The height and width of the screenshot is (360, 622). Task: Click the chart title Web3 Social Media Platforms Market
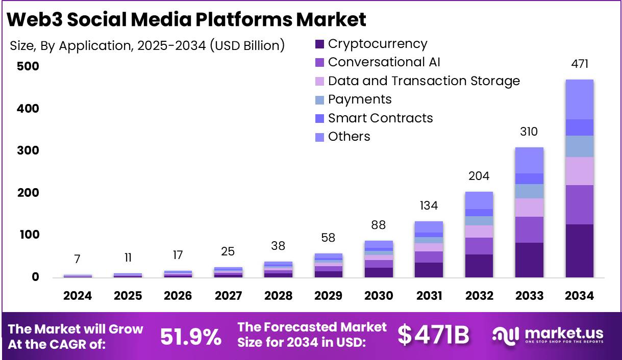tap(187, 19)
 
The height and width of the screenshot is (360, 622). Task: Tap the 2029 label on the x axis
tap(328, 296)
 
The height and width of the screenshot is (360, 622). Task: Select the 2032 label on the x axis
tap(479, 296)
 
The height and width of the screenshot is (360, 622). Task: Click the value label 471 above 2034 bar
tap(579, 64)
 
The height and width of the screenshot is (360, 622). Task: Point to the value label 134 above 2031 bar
tap(429, 206)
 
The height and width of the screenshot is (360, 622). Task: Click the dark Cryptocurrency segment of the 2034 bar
tap(579, 251)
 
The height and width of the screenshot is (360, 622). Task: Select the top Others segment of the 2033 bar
tap(529, 160)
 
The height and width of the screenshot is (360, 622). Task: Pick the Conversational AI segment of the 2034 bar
tap(579, 204)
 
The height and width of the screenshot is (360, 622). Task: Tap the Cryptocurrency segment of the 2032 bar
tap(479, 266)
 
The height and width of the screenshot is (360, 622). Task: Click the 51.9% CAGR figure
tap(191, 337)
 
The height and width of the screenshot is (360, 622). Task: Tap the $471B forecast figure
tap(433, 335)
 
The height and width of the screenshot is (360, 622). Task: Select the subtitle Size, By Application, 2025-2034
tap(147, 45)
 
